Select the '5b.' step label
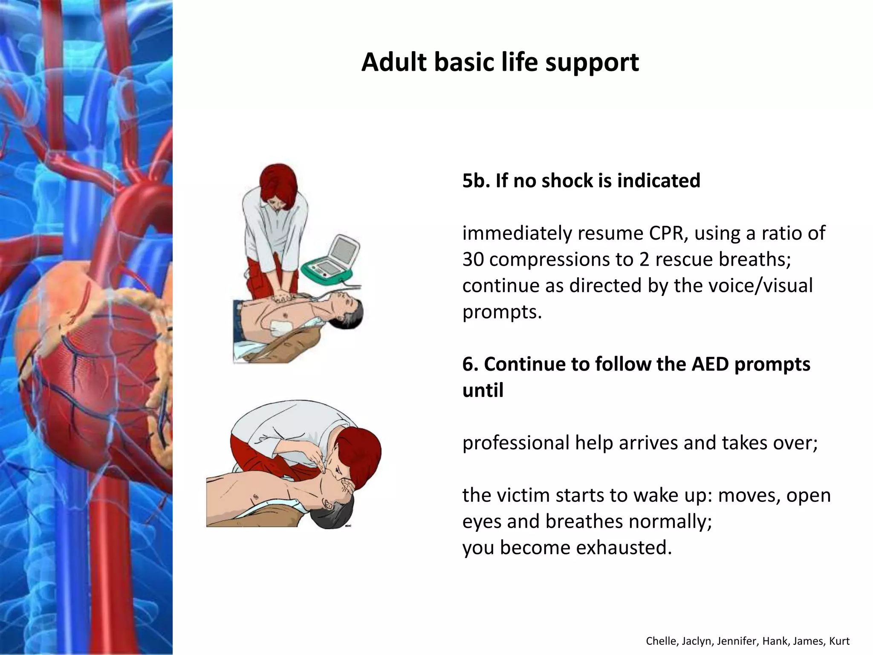pyautogui.click(x=476, y=180)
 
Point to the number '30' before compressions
pyautogui.click(x=473, y=259)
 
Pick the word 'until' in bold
pyautogui.click(x=483, y=390)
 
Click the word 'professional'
pyautogui.click(x=516, y=443)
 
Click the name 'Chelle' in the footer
pyautogui.click(x=659, y=641)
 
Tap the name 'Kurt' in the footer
pyautogui.click(x=840, y=641)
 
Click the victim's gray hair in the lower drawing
pyautogui.click(x=328, y=516)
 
